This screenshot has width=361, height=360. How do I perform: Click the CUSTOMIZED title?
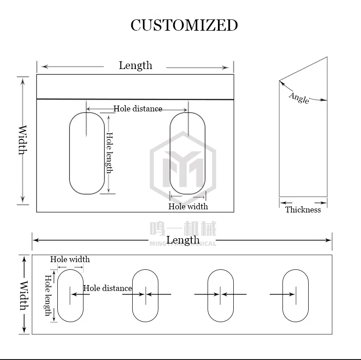184,25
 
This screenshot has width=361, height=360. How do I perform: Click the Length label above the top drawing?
135,65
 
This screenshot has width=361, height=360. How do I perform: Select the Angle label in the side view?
299,97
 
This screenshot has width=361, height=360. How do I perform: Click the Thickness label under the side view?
303,209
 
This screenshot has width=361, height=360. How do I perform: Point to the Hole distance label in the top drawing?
138,109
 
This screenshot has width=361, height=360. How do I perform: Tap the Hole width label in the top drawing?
188,206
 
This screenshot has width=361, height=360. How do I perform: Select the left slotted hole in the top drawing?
87,153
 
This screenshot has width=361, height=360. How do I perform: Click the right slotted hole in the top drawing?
187,153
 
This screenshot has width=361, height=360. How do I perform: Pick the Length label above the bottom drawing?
183,240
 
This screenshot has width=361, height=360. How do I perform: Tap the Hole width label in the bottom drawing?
69,259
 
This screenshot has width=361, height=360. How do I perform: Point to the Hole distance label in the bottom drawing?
107,288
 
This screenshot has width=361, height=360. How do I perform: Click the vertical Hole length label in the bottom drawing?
47,295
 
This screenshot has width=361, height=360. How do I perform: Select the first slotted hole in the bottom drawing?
70,295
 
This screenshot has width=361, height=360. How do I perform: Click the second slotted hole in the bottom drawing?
145,295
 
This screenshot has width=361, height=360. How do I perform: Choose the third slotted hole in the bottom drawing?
220,295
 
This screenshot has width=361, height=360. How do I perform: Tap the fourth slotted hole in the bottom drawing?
295,295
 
